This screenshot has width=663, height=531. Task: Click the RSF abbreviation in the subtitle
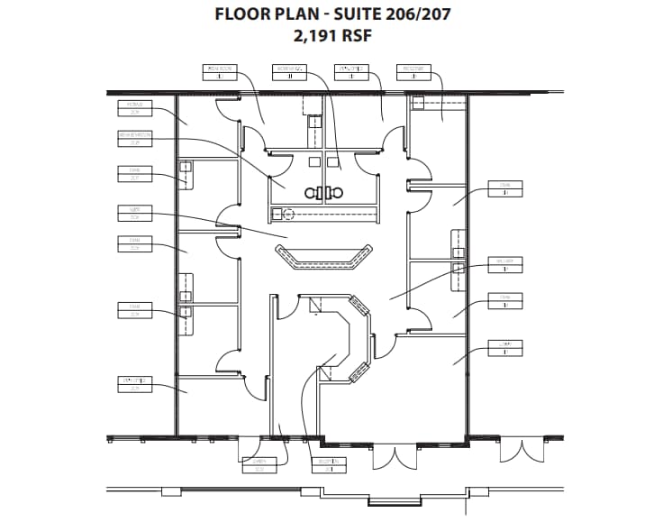click(354, 36)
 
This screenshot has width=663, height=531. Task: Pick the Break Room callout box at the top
click(220, 71)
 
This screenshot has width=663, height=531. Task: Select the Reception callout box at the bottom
click(329, 465)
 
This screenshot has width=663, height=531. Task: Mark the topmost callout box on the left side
click(135, 109)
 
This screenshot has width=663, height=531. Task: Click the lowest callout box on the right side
click(505, 347)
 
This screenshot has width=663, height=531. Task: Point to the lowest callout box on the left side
click(135, 385)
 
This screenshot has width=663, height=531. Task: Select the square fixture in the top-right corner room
click(418, 104)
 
